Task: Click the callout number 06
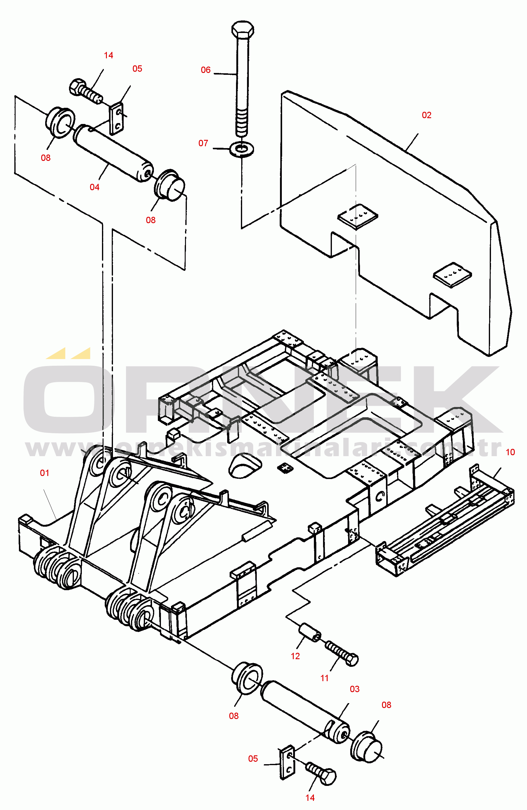tap(205, 70)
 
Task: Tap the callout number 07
tap(203, 143)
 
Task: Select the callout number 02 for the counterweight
tap(427, 115)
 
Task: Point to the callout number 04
tap(94, 187)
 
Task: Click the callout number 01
tap(45, 473)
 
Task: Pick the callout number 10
tap(510, 452)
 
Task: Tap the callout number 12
tap(295, 656)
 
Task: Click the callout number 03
tap(355, 689)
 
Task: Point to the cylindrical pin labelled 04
tap(113, 153)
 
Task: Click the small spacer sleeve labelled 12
tap(310, 632)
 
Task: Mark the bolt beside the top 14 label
tap(86, 91)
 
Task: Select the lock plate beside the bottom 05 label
tap(287, 763)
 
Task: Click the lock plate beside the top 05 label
tap(116, 118)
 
